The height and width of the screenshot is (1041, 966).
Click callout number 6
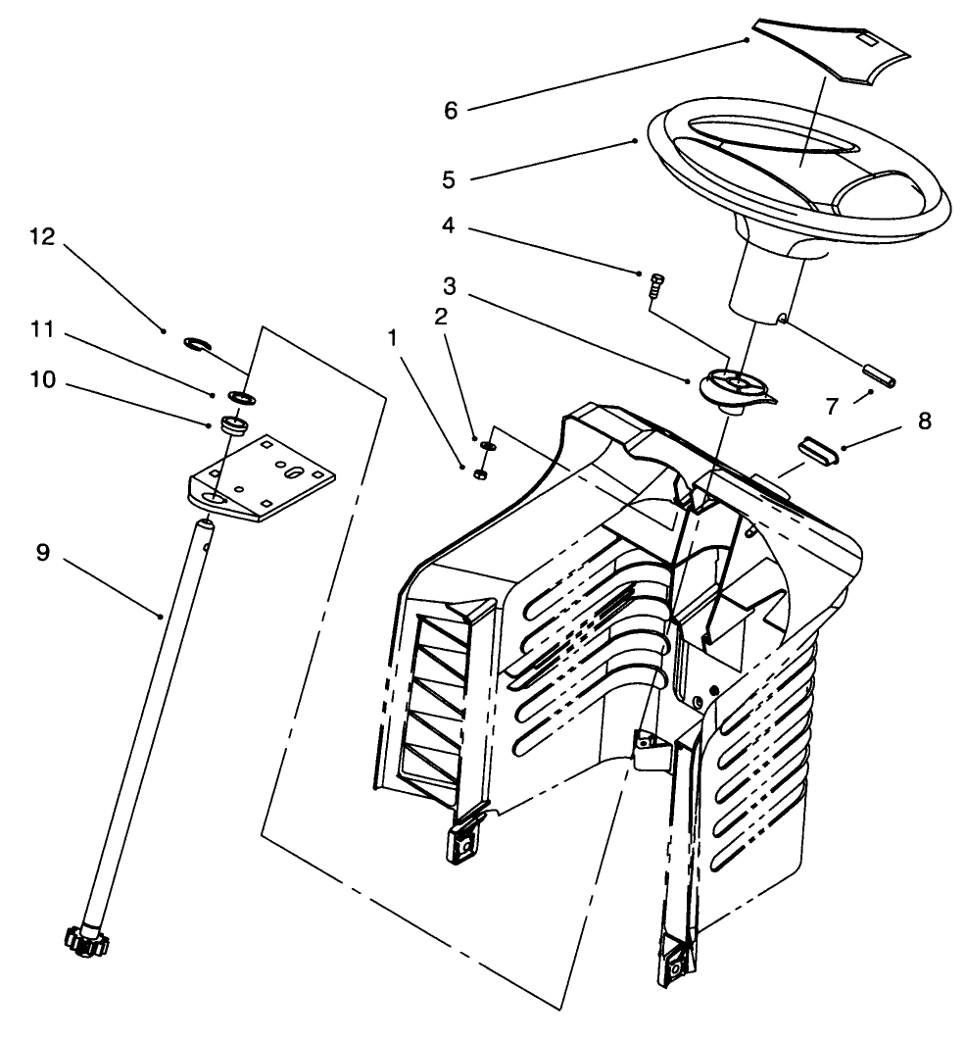(450, 110)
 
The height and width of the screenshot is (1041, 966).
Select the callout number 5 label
(449, 179)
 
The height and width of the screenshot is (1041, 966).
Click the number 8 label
(924, 421)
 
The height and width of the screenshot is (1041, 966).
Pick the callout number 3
(449, 287)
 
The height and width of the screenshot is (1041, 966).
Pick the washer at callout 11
(240, 395)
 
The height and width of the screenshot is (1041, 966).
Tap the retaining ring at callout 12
(197, 342)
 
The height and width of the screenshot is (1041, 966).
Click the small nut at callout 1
(480, 474)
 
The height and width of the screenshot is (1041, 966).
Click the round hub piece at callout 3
(736, 385)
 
